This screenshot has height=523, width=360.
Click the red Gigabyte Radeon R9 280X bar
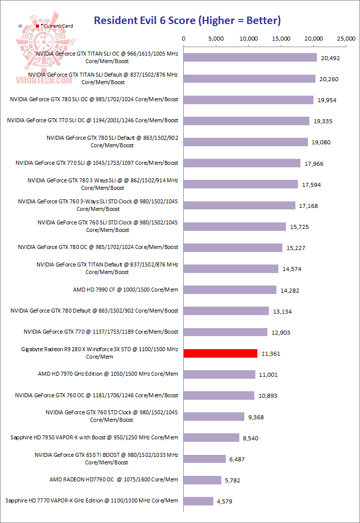click(220, 353)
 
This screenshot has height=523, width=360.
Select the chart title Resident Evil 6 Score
click(187, 21)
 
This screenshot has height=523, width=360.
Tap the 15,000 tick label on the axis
click(281, 39)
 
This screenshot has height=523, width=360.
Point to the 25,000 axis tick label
click(346, 39)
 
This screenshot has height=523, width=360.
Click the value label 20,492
click(330, 58)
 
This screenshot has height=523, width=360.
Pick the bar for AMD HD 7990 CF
click(230, 290)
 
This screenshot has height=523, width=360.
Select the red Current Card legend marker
click(38, 26)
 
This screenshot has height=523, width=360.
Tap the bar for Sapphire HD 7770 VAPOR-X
click(198, 500)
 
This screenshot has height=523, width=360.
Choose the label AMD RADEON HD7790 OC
click(114, 479)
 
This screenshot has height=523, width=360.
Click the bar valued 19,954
click(248, 100)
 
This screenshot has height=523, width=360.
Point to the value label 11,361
click(271, 354)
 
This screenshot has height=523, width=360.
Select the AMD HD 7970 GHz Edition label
click(108, 374)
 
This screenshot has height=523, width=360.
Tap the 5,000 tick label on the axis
click(216, 39)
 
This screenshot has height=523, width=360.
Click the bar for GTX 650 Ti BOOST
click(205, 458)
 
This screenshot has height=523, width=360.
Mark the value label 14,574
click(292, 269)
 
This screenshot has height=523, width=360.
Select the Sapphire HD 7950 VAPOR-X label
click(94, 437)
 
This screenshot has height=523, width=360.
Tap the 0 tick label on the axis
click(184, 39)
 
